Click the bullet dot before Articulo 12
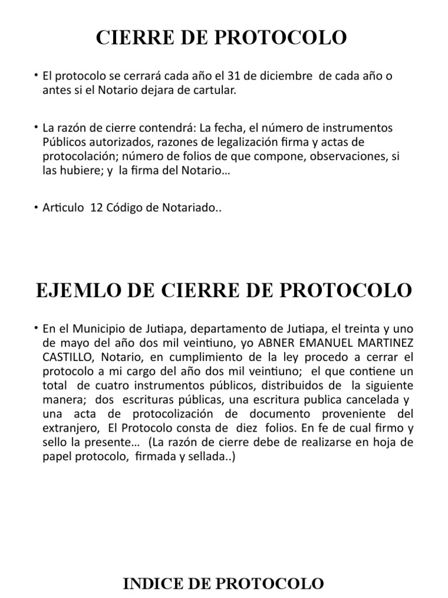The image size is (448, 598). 37,207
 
